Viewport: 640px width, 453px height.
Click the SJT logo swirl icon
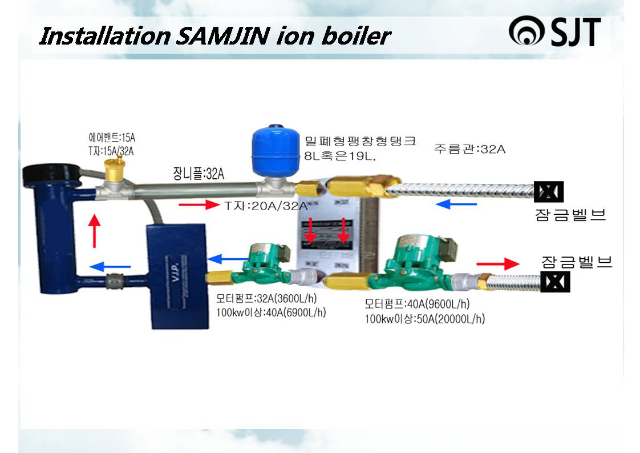point(528,33)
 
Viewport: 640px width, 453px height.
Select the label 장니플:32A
point(199,174)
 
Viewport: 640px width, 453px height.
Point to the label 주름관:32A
point(469,150)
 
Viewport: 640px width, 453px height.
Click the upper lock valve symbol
point(548,191)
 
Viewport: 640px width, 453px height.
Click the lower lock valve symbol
point(555,282)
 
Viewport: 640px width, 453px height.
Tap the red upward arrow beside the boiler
point(95,230)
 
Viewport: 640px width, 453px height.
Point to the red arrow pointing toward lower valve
point(497,264)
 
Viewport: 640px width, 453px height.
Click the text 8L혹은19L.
point(340,155)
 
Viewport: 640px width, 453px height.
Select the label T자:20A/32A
point(266,206)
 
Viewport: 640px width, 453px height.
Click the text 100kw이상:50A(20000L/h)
point(424,319)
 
